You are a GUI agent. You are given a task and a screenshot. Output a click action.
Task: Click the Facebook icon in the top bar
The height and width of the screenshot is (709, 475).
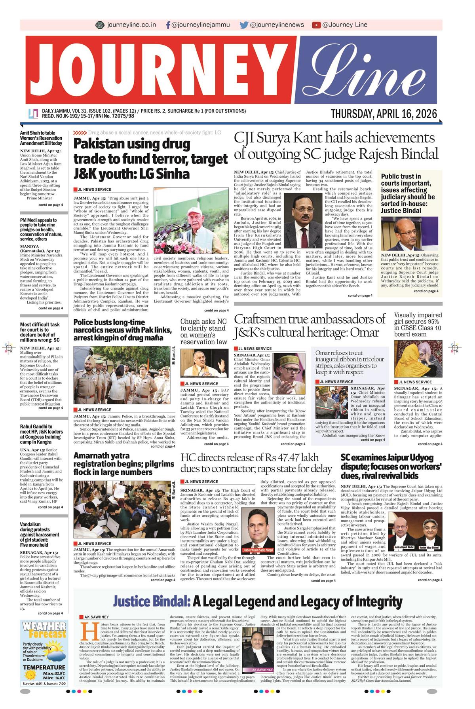168,25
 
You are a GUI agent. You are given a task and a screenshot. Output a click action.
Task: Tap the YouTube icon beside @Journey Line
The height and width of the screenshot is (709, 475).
316,25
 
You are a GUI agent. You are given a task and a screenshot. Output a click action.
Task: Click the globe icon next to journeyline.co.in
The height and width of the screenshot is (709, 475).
100,25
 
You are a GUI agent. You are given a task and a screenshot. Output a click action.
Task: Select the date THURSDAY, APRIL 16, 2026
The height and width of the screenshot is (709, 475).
384,114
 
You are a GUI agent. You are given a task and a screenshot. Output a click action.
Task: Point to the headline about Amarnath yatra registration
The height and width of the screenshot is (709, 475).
123,464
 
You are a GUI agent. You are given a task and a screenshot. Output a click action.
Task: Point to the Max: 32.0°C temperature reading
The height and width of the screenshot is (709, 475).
54,673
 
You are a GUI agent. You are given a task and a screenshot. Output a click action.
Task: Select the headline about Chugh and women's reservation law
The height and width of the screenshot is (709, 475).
204,332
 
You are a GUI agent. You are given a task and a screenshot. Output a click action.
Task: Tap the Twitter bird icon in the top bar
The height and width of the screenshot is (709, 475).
244,25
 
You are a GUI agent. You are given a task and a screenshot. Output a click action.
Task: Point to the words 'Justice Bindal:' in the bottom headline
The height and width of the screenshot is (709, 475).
152,602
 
